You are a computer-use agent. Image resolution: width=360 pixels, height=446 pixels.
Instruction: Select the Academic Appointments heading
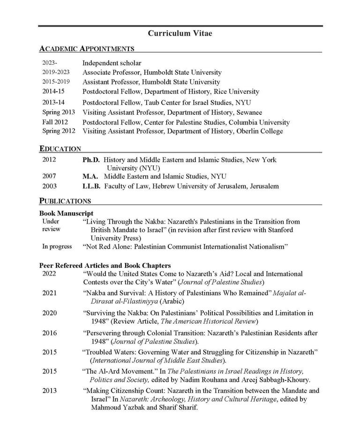pos(87,49)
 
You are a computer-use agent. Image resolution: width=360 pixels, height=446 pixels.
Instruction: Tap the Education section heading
pos(60,149)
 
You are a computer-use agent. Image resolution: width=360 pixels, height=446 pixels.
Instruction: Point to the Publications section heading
pos(65,201)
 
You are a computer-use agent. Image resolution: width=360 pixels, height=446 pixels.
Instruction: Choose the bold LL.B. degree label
pos(91,186)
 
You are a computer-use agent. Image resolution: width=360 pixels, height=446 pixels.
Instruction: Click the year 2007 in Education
pos(49,177)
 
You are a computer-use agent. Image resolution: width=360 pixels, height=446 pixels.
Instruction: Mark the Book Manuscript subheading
pos(66,214)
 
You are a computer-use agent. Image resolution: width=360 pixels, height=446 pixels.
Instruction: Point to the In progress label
pos(57,246)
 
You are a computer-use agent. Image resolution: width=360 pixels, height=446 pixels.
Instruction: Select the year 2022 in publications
pos(49,274)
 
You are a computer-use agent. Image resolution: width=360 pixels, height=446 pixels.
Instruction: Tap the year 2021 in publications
pos(49,293)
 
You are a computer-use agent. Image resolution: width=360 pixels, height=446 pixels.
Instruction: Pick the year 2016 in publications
pos(49,333)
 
